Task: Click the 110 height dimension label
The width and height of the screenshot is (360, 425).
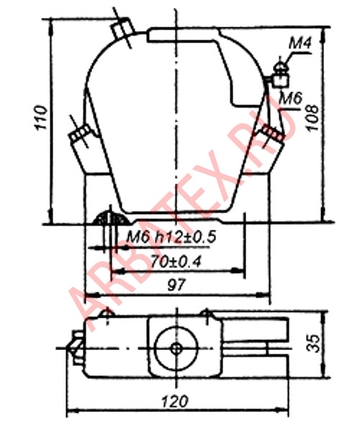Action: [40, 117]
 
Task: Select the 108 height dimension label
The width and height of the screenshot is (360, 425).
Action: [312, 117]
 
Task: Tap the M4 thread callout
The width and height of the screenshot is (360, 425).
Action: [300, 42]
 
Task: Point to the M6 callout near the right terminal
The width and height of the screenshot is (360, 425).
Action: [291, 98]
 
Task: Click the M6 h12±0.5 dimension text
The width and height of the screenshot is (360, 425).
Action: [171, 237]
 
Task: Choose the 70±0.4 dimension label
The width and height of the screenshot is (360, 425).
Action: [176, 261]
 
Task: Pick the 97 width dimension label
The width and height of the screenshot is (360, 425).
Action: [176, 285]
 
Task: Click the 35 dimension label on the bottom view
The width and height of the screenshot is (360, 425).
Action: [313, 343]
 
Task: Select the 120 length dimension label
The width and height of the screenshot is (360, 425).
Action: [175, 401]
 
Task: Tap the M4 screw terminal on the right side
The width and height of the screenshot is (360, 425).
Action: [280, 75]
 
